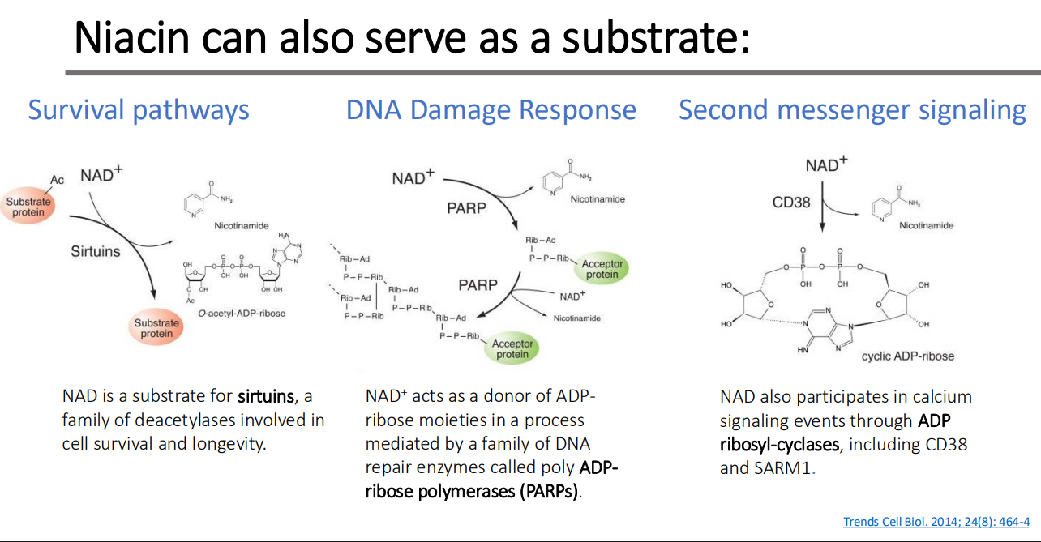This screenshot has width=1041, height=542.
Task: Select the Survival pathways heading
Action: pos(139,109)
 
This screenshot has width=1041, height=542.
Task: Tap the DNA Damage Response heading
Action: pos(491,109)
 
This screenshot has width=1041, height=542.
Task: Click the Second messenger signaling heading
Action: pos(852,109)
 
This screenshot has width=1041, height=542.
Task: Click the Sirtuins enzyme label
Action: pos(96,251)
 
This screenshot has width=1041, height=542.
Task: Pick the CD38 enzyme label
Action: pos(791,203)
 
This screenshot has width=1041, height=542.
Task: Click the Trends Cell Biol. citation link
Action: pos(936,521)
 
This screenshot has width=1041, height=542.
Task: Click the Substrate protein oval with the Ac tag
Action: pos(29,207)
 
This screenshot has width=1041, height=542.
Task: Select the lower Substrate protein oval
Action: pos(156,329)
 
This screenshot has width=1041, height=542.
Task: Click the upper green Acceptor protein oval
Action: pos(602,269)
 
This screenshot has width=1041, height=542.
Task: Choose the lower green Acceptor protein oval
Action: pos(512,348)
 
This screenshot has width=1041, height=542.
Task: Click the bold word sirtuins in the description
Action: pos(265,397)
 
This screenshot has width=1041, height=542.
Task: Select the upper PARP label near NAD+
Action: pos(467,208)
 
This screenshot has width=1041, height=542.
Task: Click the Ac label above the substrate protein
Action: pos(58,180)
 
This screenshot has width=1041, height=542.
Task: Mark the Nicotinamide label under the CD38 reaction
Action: pos(926,225)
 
